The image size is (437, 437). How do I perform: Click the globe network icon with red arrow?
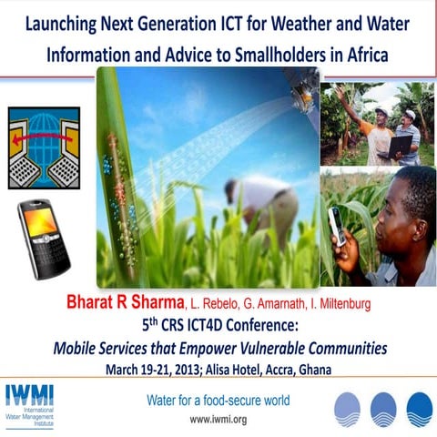point(44,147)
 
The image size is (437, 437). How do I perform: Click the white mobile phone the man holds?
point(335,225)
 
